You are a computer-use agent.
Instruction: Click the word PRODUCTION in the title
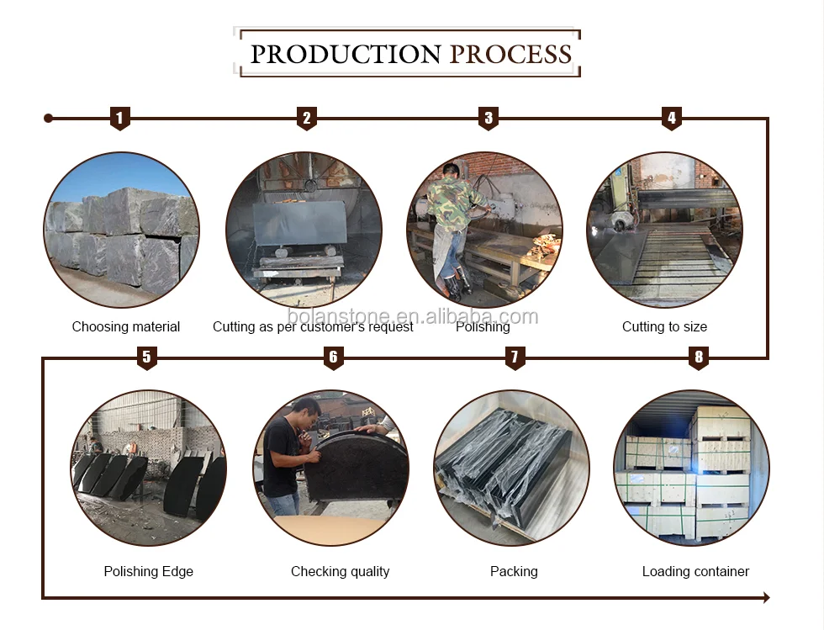(346, 54)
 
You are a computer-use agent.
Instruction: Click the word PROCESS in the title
(510, 54)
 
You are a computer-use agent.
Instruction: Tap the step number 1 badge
(119, 119)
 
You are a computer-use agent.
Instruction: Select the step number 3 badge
(489, 119)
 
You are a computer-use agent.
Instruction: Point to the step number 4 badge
(672, 119)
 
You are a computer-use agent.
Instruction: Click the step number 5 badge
(146, 357)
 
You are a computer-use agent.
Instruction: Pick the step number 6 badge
(333, 357)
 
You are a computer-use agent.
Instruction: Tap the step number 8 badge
(699, 357)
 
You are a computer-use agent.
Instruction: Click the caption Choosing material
(125, 327)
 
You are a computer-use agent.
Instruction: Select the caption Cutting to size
(664, 327)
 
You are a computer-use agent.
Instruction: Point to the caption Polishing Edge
(148, 572)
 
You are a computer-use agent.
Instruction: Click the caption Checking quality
(340, 572)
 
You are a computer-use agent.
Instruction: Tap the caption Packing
(514, 572)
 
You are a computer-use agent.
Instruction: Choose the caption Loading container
(695, 572)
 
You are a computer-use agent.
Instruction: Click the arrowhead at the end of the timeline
(767, 597)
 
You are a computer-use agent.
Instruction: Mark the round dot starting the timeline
(49, 119)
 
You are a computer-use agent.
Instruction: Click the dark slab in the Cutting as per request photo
(299, 224)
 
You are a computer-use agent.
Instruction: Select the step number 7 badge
(515, 357)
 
